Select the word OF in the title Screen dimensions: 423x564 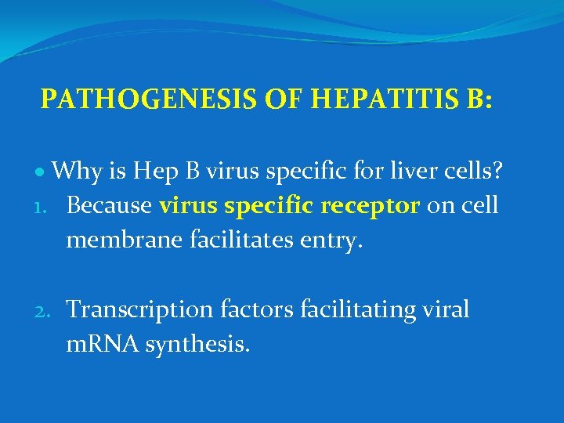279,99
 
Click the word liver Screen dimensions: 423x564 407,170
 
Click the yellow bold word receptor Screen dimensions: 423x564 371,205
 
